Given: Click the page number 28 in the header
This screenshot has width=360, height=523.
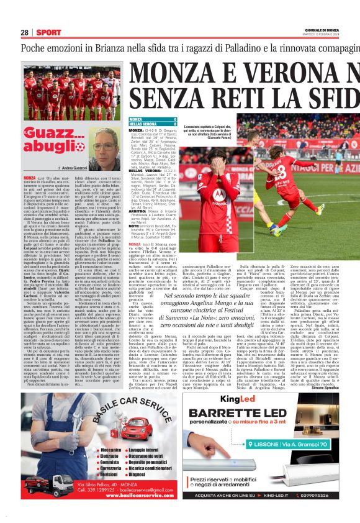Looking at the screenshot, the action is click(x=24, y=32).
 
